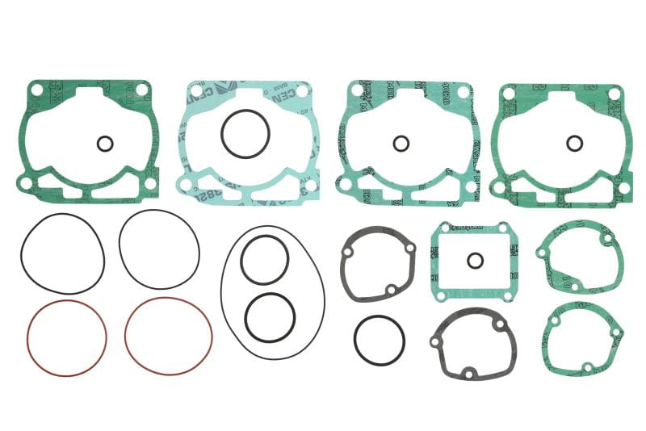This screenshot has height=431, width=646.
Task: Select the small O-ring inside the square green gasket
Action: [x=476, y=260]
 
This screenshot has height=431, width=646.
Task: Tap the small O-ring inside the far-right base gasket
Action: [x=574, y=143]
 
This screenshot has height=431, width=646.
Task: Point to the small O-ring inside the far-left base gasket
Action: [x=104, y=144]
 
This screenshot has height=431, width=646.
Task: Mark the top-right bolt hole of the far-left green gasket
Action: [x=142, y=90]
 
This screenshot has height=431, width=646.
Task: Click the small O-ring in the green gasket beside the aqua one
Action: [x=401, y=143]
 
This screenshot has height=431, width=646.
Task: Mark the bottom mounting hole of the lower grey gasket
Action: [x=468, y=372]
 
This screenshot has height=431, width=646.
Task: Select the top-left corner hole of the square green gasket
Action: [x=439, y=231]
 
